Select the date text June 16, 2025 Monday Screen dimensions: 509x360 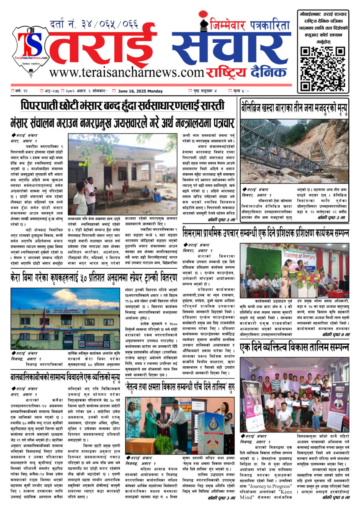[x=140, y=91]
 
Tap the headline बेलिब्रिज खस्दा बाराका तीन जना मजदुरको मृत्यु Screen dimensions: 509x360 [x=294, y=108]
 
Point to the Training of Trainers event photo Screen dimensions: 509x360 [x=294, y=270]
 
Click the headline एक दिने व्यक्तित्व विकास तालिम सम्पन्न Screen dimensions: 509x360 [x=294, y=348]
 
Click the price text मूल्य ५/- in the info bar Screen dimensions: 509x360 [x=240, y=91]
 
